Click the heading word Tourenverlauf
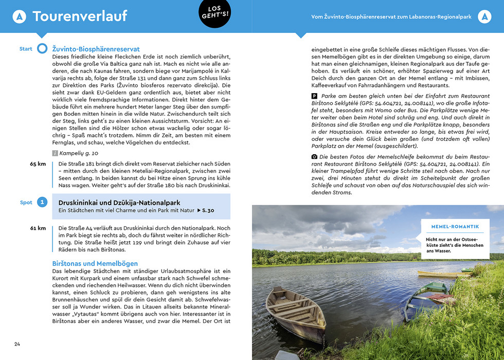80,16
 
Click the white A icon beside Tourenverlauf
20,17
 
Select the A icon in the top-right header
484,17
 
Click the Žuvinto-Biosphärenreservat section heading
96,49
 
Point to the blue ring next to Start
42,49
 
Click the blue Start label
26,49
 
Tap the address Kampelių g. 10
79,153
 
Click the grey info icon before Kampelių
56,153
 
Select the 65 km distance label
38,164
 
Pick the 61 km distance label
38,228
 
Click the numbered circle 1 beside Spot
43,203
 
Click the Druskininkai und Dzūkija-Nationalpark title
119,203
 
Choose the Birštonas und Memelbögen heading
95,263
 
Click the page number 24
17,344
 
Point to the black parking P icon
315,96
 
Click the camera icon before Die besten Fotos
315,156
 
